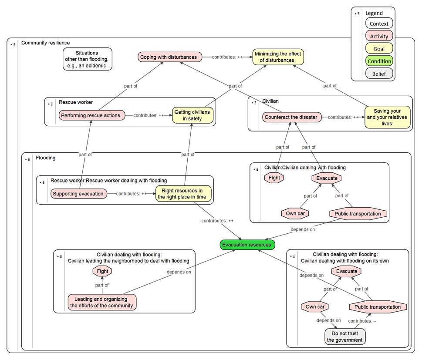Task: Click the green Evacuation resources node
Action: pos(247,245)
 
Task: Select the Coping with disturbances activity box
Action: pos(169,57)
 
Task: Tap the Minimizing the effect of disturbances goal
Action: pos(278,57)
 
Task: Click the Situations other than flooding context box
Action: pos(88,59)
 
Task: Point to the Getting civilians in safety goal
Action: pos(192,115)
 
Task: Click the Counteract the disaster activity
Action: pos(292,117)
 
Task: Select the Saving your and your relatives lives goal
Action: pos(387,117)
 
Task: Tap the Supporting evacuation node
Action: pos(78,194)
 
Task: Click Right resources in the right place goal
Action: pos(183,193)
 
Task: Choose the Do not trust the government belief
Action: pos(345,336)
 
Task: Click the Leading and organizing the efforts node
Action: pos(102,302)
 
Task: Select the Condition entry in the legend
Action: pos(379,61)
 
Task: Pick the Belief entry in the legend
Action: pos(379,74)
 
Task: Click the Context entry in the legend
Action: pos(379,24)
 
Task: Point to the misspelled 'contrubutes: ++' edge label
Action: pos(217,221)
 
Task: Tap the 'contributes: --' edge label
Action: pos(362,321)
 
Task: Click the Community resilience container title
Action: pos(45,43)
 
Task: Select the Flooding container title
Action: pos(45,158)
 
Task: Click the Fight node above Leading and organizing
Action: pos(102,271)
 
